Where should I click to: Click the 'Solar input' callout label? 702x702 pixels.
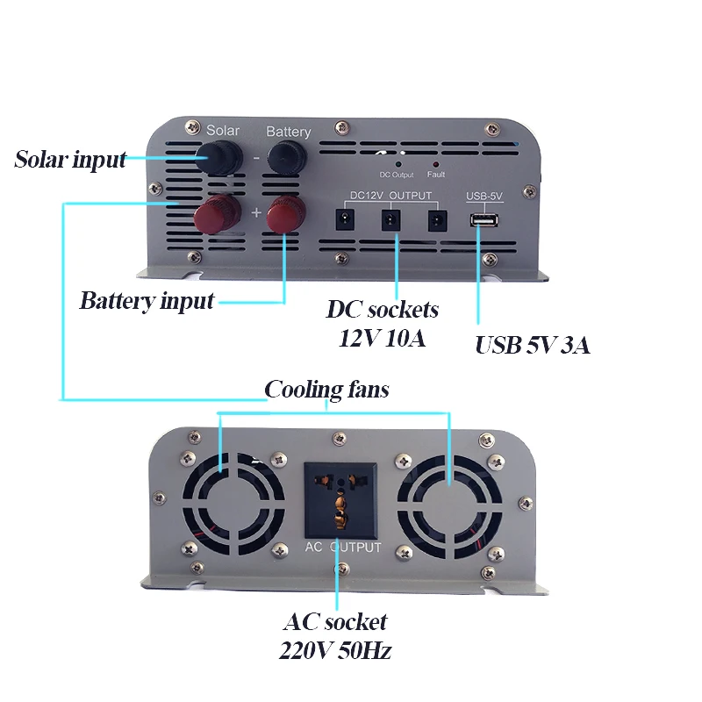(x=70, y=161)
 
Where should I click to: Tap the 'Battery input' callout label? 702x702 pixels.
(x=147, y=302)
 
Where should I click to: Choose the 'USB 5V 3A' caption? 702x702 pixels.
(x=532, y=346)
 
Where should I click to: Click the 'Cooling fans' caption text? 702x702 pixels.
(x=326, y=390)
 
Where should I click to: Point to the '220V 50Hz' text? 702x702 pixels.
(x=335, y=651)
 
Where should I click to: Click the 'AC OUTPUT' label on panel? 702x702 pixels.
(x=343, y=548)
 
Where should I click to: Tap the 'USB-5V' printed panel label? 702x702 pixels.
(x=484, y=196)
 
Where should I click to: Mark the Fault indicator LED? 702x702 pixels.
(x=436, y=164)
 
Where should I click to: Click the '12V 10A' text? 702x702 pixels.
(x=383, y=338)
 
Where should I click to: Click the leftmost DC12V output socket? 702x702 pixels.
(x=346, y=220)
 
